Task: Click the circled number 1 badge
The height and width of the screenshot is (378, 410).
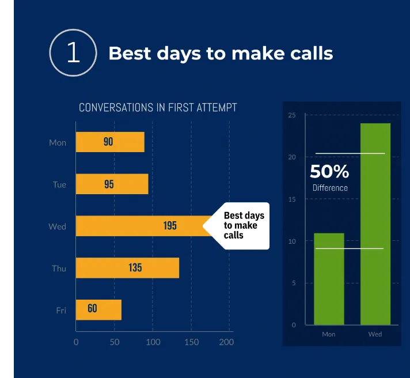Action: pos(73,53)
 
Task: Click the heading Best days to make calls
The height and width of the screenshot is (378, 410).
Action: pos(221,54)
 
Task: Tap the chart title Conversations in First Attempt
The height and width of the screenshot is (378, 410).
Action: pos(158,108)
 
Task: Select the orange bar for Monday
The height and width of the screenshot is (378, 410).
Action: pos(110,142)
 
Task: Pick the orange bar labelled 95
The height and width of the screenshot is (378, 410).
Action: pos(112,184)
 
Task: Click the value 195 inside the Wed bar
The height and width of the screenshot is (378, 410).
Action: pos(170,226)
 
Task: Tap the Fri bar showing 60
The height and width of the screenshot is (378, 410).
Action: pos(98,309)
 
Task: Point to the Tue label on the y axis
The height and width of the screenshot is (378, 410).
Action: pos(59,185)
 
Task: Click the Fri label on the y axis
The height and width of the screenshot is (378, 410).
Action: pos(61,311)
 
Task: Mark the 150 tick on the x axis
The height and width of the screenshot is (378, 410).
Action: pos(191,342)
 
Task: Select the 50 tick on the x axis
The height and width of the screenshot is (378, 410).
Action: pos(115,342)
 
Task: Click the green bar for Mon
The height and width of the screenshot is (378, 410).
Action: pos(329,279)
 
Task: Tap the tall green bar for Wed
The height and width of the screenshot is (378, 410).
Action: pos(375,225)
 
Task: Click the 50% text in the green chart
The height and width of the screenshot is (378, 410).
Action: pos(329,172)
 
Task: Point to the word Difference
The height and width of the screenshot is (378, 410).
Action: pos(330,188)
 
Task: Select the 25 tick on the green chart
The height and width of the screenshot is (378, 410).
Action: pos(292,116)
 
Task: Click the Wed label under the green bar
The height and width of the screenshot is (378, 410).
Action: pos(375,334)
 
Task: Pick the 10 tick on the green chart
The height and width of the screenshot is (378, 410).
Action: pos(292,241)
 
